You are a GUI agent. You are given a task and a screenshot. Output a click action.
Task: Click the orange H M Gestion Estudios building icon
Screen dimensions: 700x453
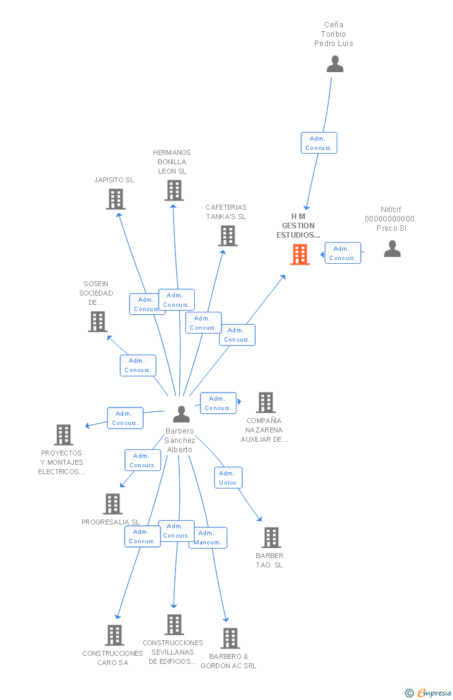click(300, 254)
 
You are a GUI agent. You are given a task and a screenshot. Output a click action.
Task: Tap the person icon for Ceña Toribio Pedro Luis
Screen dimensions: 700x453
click(335, 64)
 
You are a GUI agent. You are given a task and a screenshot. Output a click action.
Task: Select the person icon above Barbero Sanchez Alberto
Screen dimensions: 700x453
click(181, 414)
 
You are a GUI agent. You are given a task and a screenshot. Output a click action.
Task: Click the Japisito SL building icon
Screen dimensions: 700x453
click(115, 199)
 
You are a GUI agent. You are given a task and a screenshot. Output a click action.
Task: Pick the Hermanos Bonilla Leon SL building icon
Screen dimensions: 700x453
click(174, 190)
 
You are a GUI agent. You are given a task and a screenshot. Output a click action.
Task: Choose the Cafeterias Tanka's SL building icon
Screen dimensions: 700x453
click(228, 236)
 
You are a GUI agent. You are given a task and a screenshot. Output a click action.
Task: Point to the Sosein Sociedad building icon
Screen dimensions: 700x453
click(98, 322)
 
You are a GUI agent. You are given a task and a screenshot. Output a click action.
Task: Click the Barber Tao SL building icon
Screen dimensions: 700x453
click(271, 538)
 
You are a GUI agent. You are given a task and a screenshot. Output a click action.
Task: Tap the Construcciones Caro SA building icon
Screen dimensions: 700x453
click(114, 635)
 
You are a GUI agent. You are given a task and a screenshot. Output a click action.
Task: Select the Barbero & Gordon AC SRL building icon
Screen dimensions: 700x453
click(230, 638)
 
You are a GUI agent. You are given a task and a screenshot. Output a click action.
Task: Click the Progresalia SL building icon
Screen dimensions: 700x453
click(113, 504)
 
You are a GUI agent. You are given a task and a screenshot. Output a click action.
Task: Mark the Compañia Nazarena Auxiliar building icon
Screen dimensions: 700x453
click(266, 403)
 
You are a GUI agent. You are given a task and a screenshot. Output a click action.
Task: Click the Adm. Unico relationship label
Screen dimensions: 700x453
click(228, 478)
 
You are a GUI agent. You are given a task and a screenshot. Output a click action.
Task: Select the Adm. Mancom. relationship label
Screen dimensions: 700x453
click(208, 538)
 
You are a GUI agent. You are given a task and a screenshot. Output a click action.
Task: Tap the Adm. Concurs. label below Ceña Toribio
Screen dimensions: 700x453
click(319, 143)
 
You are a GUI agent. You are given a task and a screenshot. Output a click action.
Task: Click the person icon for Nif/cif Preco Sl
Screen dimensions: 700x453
click(392, 249)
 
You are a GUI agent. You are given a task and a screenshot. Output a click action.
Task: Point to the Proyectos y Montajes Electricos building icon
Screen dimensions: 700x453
click(63, 435)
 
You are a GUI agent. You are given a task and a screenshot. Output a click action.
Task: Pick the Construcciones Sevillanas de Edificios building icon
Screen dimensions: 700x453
click(174, 625)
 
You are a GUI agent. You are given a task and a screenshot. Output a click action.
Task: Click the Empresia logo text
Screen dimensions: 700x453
click(433, 693)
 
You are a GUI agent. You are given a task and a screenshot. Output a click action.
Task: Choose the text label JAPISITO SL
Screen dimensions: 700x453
click(114, 180)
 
